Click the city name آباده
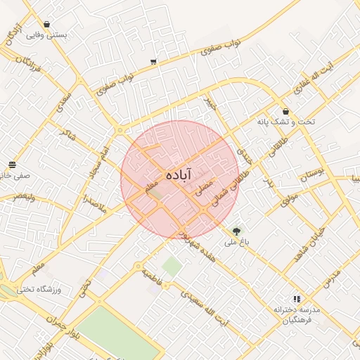pyautogui.click(x=180, y=174)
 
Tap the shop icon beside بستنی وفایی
pyautogui.click(x=46, y=24)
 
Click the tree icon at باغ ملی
pyautogui.click(x=237, y=231)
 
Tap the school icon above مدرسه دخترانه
pyautogui.click(x=296, y=299)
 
